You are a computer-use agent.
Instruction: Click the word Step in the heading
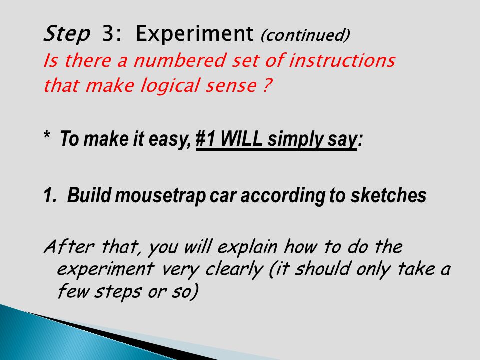click(67, 34)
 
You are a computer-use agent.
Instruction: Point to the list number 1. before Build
click(51, 196)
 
